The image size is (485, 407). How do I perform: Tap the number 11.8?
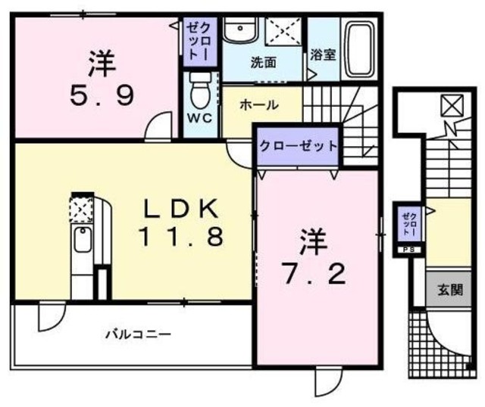pos(180,238)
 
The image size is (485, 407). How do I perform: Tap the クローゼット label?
pos(297,146)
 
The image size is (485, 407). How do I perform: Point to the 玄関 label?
pos(446,289)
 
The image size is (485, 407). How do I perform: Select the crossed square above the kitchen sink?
pos(80,205)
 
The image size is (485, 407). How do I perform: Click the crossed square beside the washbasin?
pos(283,33)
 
